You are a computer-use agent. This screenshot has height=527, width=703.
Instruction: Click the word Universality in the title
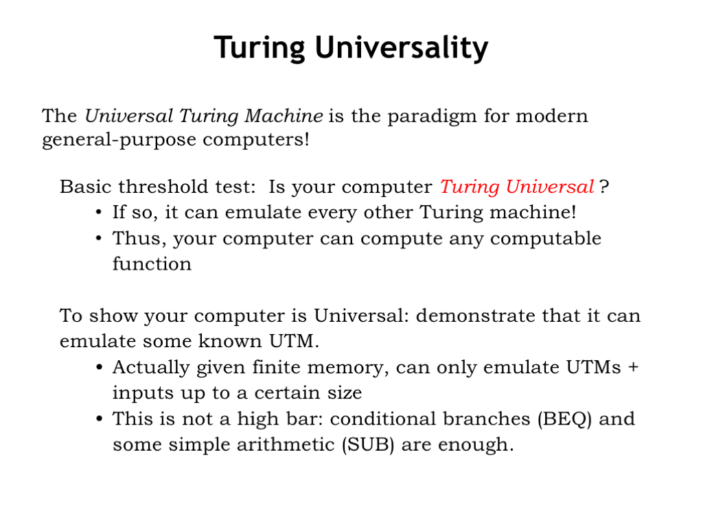coord(401,48)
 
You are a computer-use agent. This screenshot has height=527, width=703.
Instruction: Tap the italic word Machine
coord(284,115)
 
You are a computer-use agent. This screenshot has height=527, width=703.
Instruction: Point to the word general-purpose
coord(119,140)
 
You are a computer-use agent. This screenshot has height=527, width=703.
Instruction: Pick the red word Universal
coord(550,187)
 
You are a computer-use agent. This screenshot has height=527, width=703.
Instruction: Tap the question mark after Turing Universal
coord(604,187)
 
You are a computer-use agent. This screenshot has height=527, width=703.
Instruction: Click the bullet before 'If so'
coord(99,213)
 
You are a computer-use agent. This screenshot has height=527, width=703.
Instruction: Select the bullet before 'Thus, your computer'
coord(99,238)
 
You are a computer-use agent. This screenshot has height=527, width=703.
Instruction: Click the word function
coord(152,264)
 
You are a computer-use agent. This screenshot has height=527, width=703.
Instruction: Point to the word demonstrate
coord(476,316)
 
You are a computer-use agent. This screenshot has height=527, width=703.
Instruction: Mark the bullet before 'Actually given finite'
coord(99,368)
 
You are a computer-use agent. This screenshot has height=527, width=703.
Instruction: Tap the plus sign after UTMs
coord(633,367)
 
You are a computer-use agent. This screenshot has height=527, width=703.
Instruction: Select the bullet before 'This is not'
coord(99,419)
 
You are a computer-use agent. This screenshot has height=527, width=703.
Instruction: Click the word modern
coord(551,116)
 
